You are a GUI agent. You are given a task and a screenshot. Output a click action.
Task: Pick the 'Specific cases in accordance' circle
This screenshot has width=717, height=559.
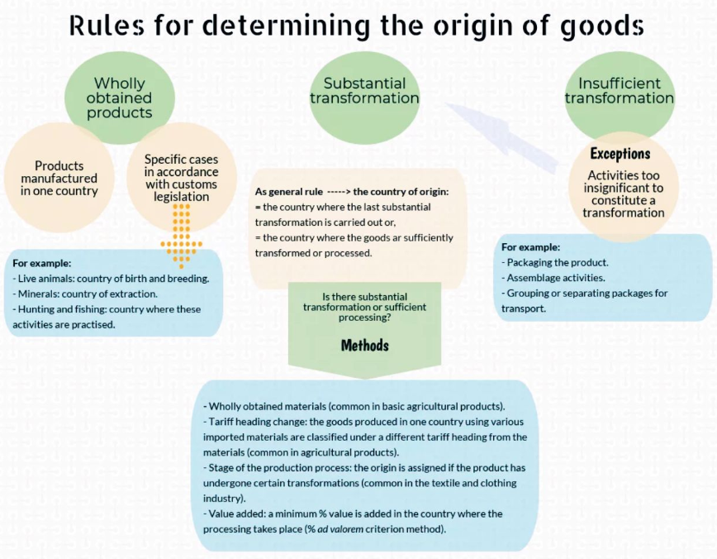click(181, 178)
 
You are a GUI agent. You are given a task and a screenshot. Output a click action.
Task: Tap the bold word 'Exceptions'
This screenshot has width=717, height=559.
click(620, 154)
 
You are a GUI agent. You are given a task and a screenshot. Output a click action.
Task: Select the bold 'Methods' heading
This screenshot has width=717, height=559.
click(364, 345)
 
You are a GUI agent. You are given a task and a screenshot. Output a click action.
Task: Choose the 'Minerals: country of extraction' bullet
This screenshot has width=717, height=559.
click(88, 294)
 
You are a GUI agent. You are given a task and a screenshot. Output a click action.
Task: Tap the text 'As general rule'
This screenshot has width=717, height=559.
click(289, 192)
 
